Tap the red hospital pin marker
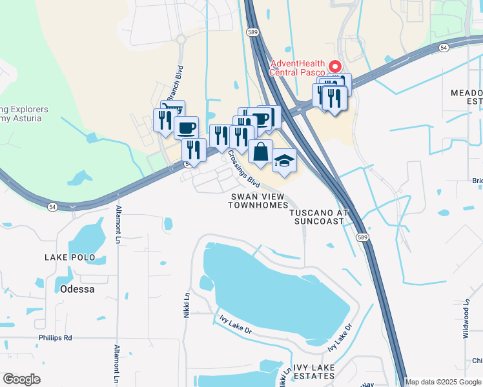(x=334, y=66)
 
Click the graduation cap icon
(x=284, y=161)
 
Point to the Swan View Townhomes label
(x=258, y=201)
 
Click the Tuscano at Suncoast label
(x=319, y=217)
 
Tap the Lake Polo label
(x=70, y=257)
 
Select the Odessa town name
(x=77, y=289)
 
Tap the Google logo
(x=21, y=379)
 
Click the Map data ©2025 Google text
(x=443, y=382)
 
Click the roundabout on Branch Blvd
(x=180, y=40)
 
